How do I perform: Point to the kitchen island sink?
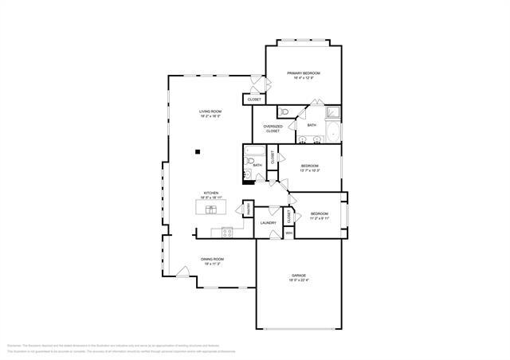pyautogui.click(x=212, y=209)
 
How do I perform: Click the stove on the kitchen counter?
pyautogui.click(x=227, y=233)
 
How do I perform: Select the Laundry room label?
pyautogui.click(x=268, y=222)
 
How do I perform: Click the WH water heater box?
pyautogui.click(x=290, y=232)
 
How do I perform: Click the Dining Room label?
pyautogui.click(x=212, y=260)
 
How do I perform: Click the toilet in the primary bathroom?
pyautogui.click(x=285, y=112)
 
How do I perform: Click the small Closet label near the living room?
pyautogui.click(x=254, y=100)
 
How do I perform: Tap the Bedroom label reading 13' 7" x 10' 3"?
pyautogui.click(x=310, y=168)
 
